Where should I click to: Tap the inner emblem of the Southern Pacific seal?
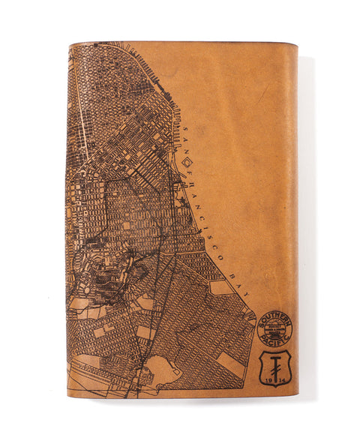point(275,329)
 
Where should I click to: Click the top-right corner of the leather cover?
point(296,45)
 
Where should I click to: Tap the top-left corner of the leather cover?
point(69,43)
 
